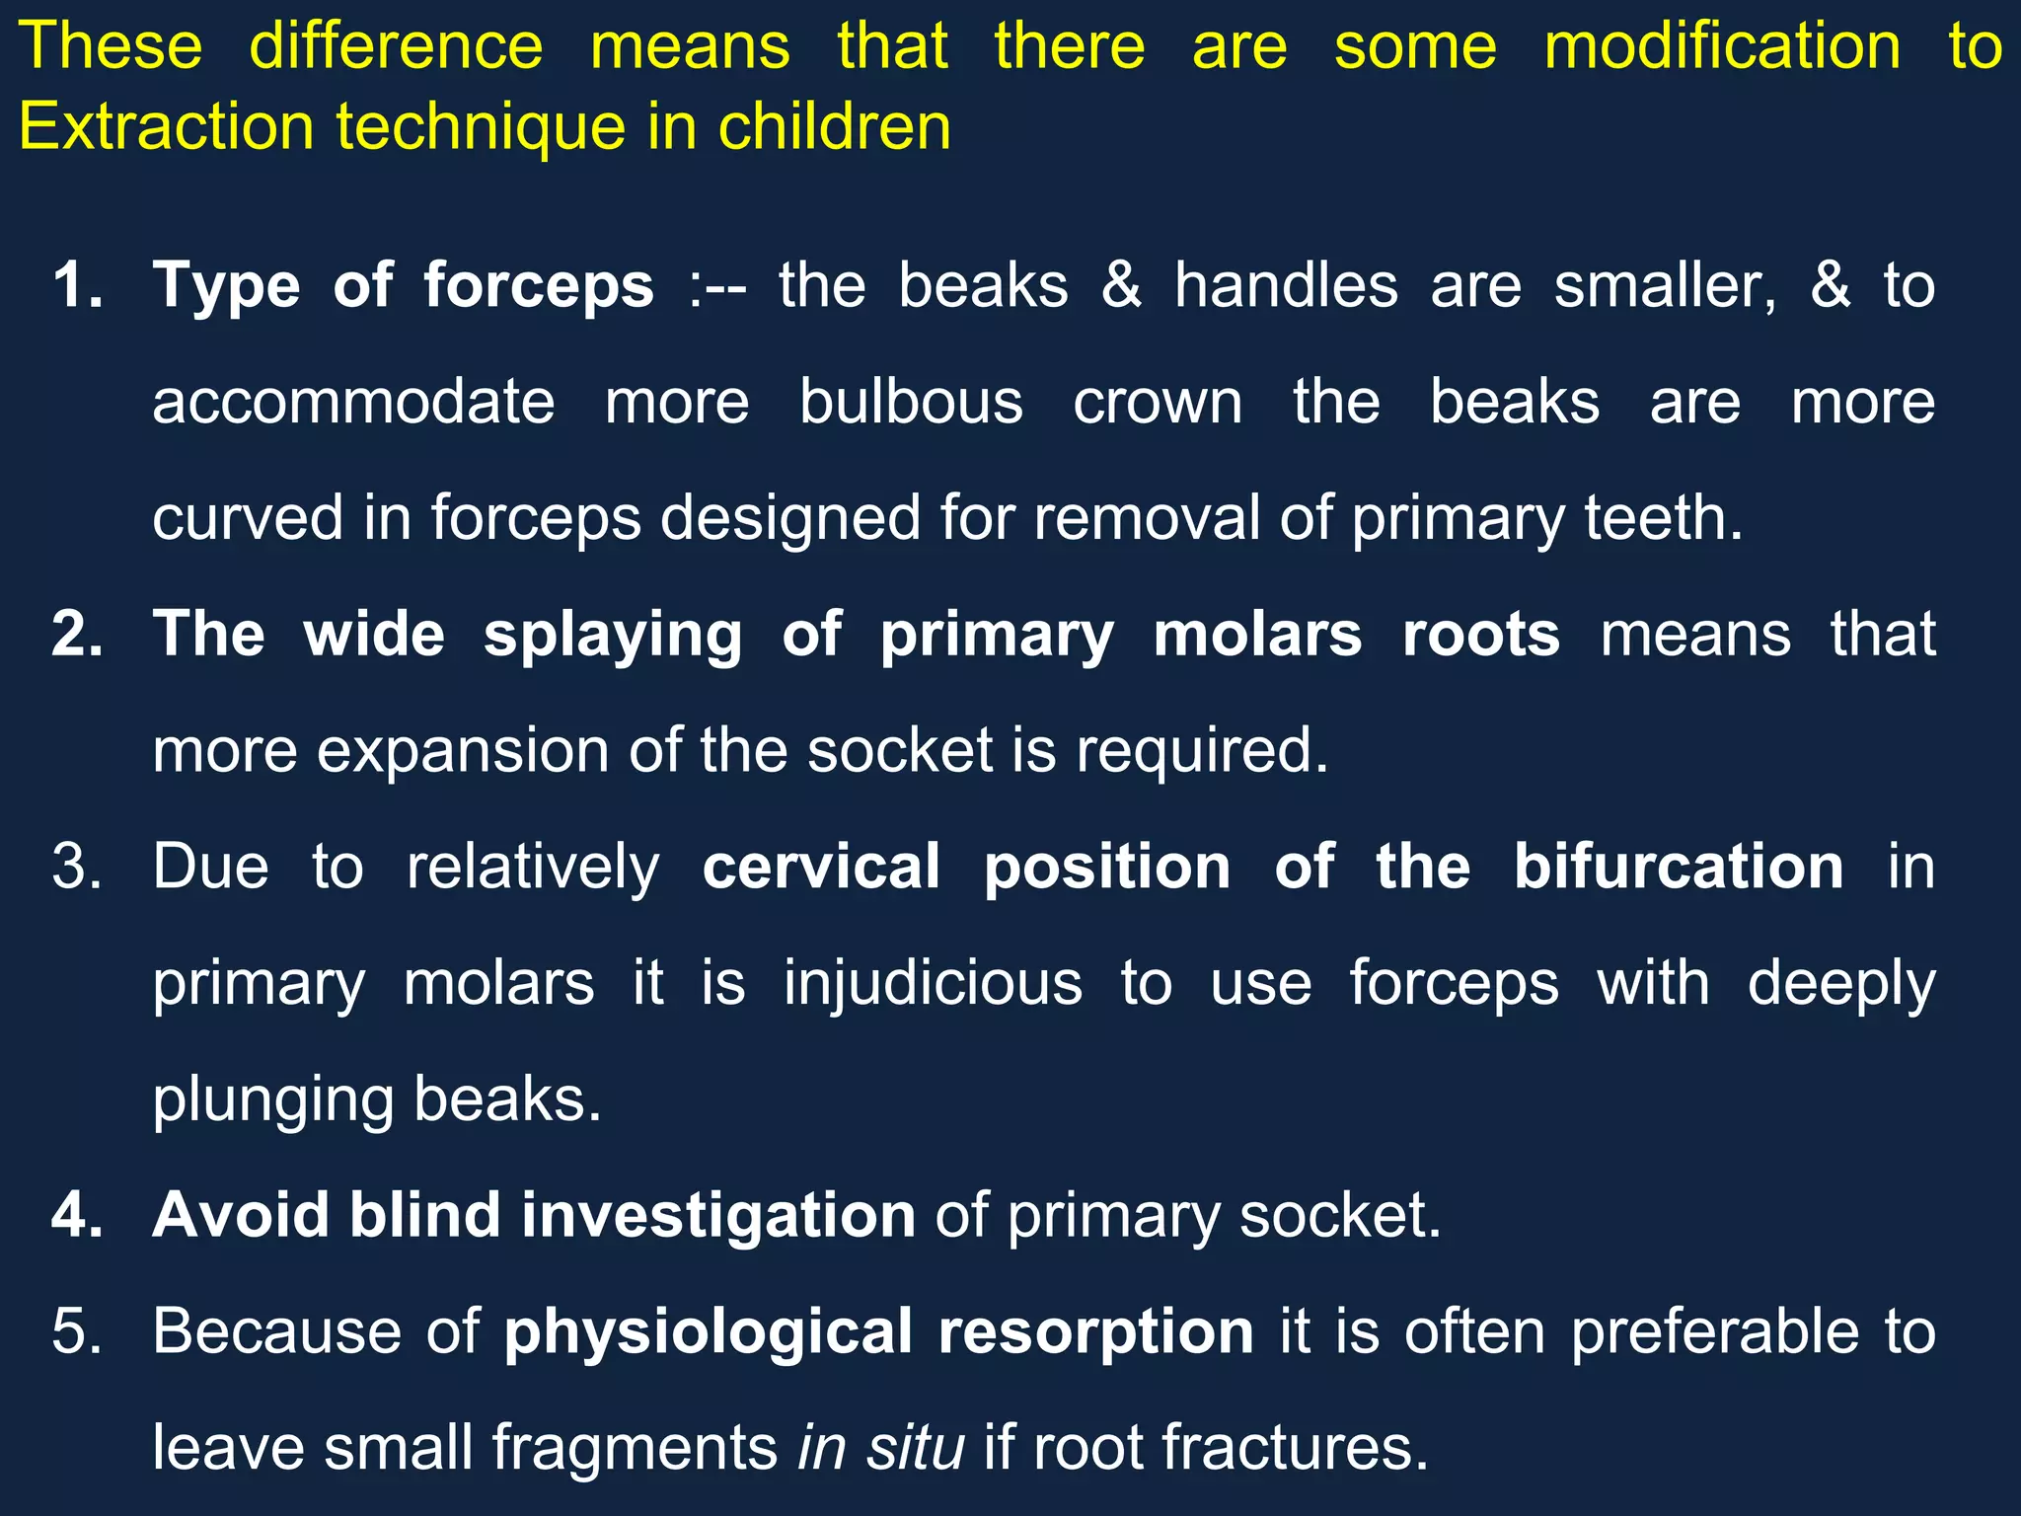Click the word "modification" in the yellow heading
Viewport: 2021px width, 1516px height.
pos(1722,46)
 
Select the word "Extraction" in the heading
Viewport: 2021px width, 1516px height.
pos(166,127)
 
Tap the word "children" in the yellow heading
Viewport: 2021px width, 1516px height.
pos(834,127)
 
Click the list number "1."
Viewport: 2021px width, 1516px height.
pos(78,286)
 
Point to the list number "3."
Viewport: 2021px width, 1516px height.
pos(78,868)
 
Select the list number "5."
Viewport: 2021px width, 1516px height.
pos(78,1332)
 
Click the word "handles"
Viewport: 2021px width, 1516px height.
pos(1286,286)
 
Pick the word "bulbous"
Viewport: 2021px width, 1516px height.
pos(911,403)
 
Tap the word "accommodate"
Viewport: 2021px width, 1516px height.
pos(353,403)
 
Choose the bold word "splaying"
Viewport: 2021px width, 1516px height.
pos(613,635)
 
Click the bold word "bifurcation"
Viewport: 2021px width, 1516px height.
pos(1679,868)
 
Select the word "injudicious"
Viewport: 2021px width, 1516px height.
pos(933,984)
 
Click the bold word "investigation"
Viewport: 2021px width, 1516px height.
pos(718,1216)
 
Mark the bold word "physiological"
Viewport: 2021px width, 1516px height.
pos(708,1332)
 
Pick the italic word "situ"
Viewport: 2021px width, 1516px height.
pos(915,1448)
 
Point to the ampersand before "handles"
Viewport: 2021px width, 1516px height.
pos(1122,286)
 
